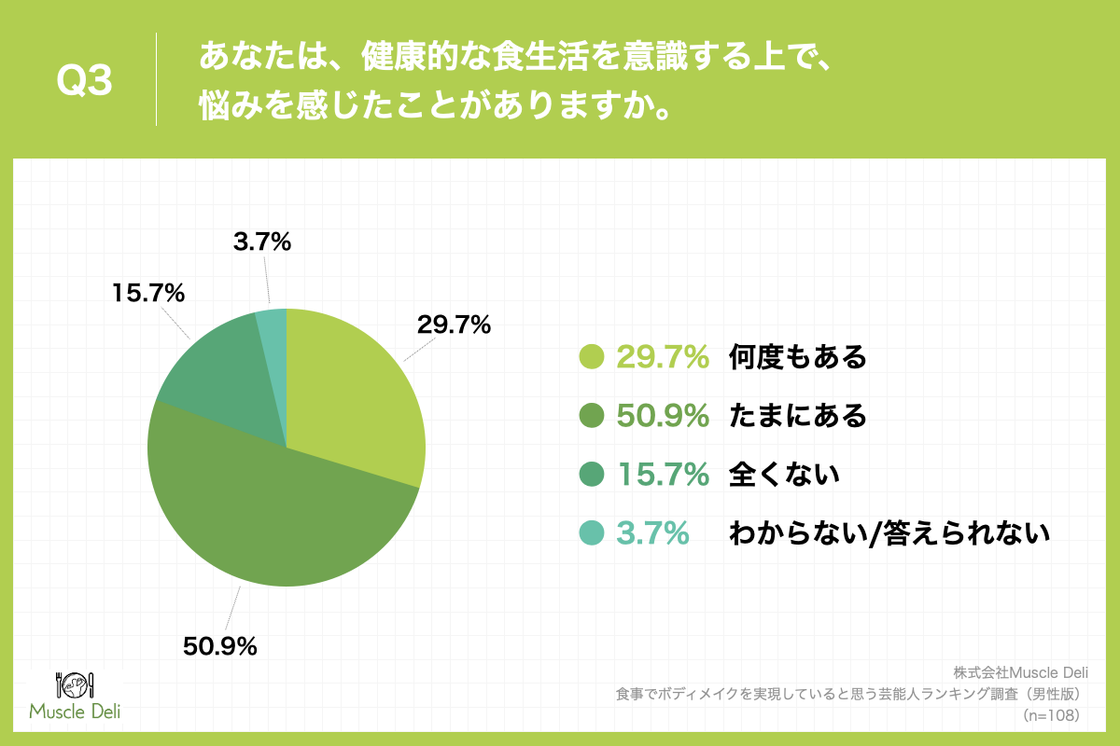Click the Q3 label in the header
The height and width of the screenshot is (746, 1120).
click(x=85, y=82)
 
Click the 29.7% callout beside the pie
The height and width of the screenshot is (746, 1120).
click(x=455, y=325)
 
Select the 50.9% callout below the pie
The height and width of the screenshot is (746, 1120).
click(x=220, y=645)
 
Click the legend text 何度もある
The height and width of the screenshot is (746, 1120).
click(x=798, y=356)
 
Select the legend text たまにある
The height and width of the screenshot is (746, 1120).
click(x=798, y=416)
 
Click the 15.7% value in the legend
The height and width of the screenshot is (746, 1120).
click(x=663, y=475)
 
